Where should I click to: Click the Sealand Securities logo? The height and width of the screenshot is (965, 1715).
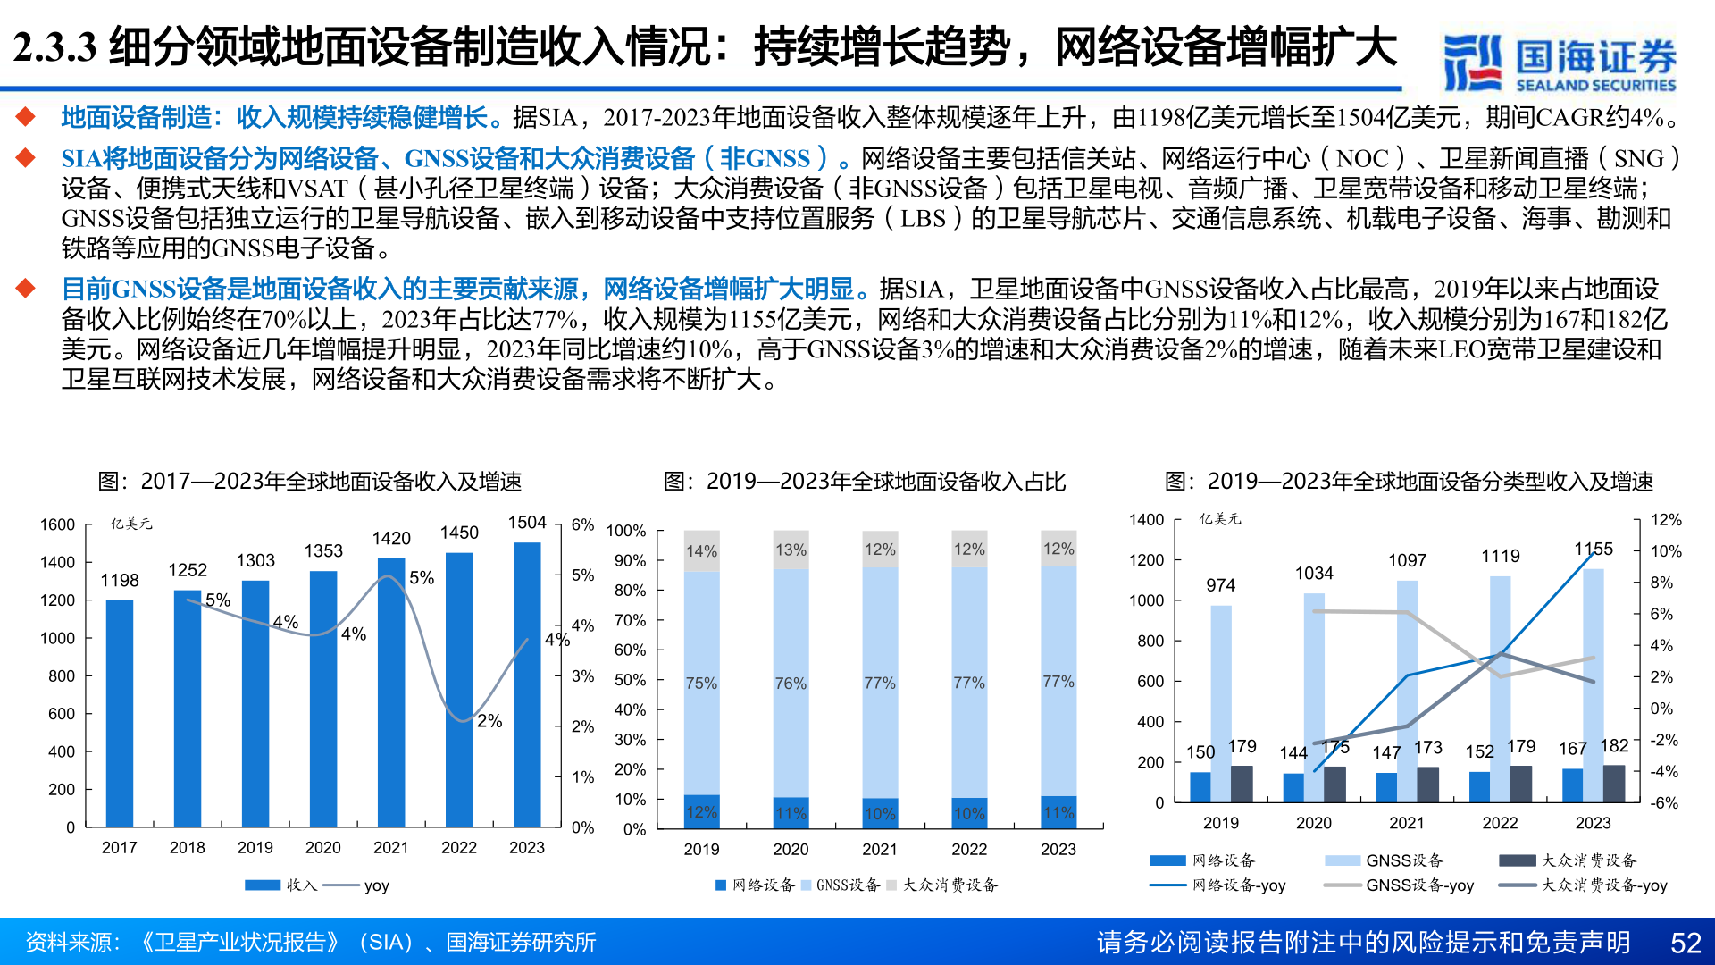(x=1560, y=63)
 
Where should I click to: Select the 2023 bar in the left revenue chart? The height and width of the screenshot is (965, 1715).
(x=527, y=684)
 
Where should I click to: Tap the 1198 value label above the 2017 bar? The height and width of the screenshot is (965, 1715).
(x=120, y=581)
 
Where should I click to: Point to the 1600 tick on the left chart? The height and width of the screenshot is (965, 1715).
(x=57, y=524)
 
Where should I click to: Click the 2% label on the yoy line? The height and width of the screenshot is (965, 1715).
(x=489, y=721)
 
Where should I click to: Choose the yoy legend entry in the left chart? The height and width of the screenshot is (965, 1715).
(x=357, y=885)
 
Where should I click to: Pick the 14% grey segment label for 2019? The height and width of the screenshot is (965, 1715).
(x=701, y=551)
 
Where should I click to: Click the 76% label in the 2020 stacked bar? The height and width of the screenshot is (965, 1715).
(x=791, y=684)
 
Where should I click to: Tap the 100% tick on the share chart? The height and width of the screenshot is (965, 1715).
(x=626, y=531)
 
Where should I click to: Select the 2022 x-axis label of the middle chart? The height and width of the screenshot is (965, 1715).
(x=969, y=849)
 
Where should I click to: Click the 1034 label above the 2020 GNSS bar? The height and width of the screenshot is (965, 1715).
(x=1314, y=574)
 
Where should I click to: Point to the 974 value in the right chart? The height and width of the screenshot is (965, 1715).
(x=1220, y=585)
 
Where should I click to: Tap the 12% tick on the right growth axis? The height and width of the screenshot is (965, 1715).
(x=1666, y=520)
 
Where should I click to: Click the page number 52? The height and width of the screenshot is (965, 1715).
(x=1686, y=943)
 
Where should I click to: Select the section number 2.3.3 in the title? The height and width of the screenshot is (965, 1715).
(x=54, y=47)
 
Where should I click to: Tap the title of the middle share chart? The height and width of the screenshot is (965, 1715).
(x=864, y=482)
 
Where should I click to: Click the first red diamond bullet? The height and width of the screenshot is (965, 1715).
(x=25, y=117)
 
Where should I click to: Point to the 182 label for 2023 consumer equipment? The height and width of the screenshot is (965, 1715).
(x=1614, y=746)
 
